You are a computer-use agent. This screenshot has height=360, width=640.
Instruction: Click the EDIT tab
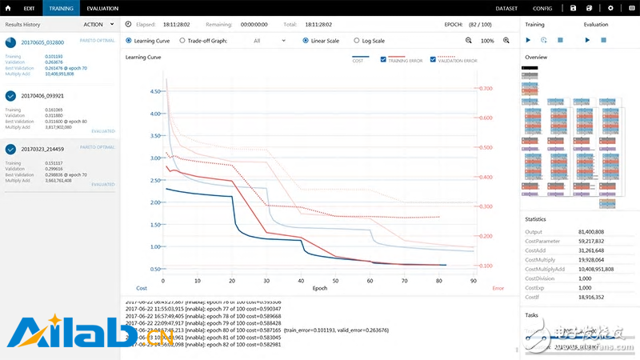(x=29, y=7)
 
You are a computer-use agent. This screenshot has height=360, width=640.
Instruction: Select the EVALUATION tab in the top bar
(x=103, y=7)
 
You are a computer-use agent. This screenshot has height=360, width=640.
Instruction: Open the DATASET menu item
(x=506, y=7)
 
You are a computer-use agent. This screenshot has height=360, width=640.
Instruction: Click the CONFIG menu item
(x=542, y=7)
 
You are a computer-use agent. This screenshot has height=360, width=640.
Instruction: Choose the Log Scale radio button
(x=355, y=40)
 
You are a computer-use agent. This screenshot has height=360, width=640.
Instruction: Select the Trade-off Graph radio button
(x=182, y=40)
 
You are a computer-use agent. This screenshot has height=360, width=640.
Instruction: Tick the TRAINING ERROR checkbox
(x=384, y=59)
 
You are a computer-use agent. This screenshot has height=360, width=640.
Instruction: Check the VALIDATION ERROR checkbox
(x=433, y=59)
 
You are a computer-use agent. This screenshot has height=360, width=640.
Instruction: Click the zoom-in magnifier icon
(x=506, y=40)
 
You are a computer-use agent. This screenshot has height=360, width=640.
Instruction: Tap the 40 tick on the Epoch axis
(x=301, y=281)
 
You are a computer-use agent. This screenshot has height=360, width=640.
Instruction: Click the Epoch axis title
(x=319, y=288)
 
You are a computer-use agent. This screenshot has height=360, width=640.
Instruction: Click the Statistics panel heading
(x=538, y=218)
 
